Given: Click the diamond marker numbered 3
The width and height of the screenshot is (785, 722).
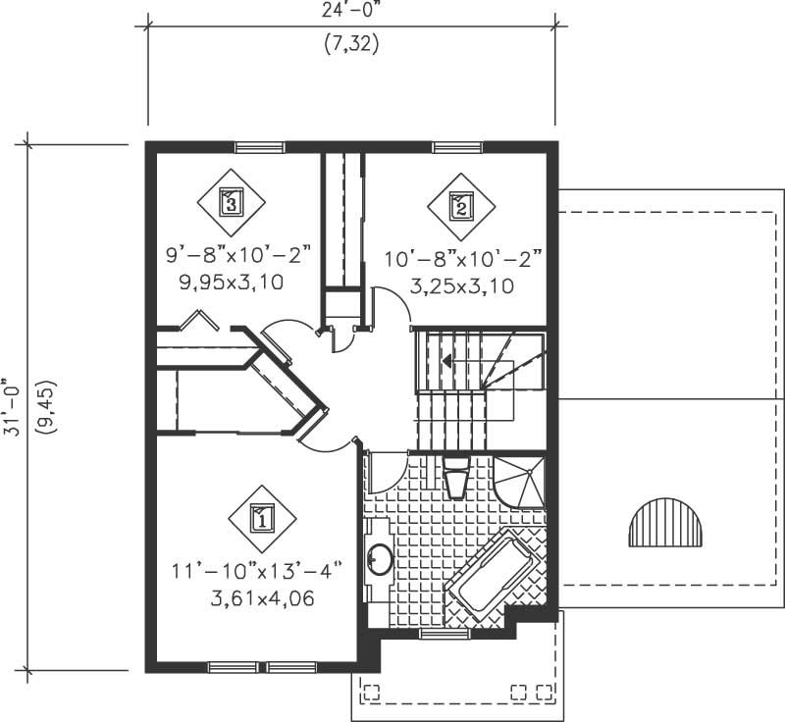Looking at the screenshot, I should click(x=230, y=202).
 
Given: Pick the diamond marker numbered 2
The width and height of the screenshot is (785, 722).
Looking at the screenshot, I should click(x=459, y=205).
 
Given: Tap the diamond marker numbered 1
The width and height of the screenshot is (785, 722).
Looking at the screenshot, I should click(x=262, y=517).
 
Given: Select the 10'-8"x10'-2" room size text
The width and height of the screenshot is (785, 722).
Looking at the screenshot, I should click(x=462, y=262).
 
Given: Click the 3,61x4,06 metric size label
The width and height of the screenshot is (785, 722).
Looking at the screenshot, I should click(x=260, y=597).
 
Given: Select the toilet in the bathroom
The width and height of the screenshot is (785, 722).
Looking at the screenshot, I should click(x=456, y=478).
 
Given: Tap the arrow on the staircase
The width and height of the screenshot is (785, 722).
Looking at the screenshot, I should click(x=447, y=361).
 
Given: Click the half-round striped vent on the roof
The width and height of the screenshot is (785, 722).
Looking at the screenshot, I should click(x=665, y=524).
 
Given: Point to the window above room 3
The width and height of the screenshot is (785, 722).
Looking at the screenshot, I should click(x=260, y=148).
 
